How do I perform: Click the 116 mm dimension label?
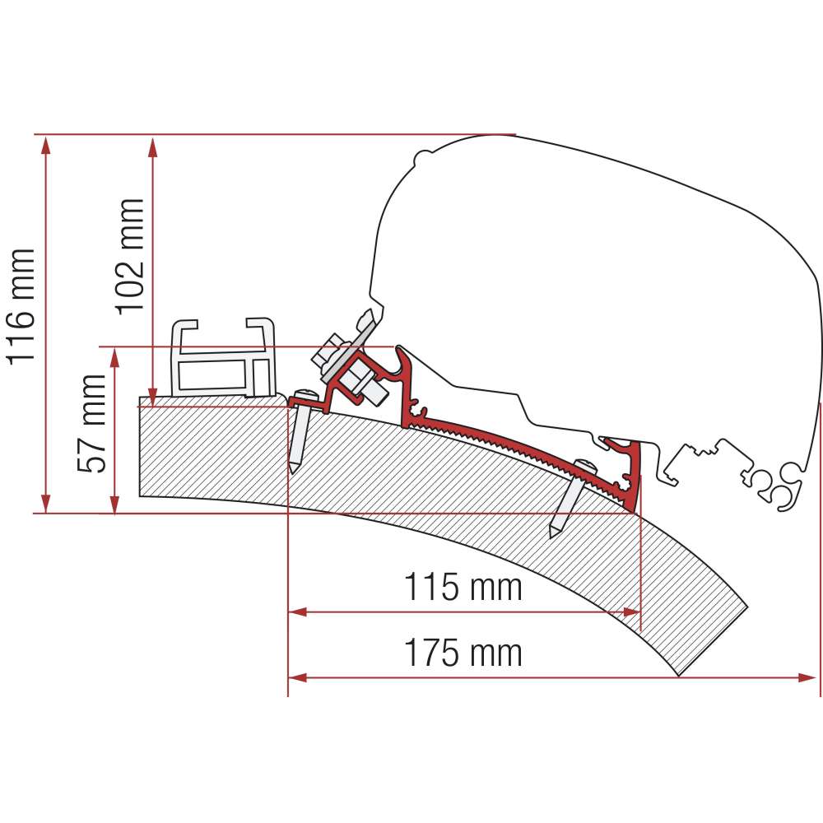(21, 306)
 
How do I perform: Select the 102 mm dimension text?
(129, 257)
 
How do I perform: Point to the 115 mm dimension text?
(463, 587)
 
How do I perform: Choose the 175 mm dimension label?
(463, 653)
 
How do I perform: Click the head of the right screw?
(585, 466)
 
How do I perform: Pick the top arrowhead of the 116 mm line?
(46, 144)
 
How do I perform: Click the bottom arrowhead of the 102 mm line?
(153, 397)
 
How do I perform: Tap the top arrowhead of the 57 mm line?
(115, 357)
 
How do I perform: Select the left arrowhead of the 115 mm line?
(298, 612)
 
